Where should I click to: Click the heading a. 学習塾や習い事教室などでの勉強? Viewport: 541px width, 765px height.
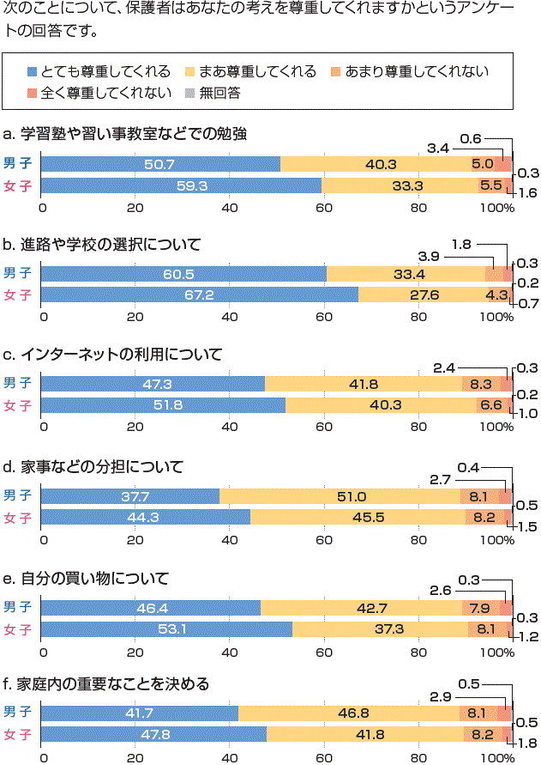(125, 134)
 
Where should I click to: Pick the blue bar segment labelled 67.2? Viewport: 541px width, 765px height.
(199, 294)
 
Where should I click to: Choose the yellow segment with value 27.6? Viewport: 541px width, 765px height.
(421, 294)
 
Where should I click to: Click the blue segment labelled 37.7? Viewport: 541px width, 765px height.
(130, 496)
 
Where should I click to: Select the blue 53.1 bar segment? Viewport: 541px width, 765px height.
(167, 629)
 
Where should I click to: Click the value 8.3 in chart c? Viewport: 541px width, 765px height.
(481, 384)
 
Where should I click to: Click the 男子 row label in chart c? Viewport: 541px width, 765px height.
(17, 383)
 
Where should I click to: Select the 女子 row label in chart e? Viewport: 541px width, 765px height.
(17, 629)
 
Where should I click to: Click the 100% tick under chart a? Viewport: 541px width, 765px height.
(493, 207)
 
